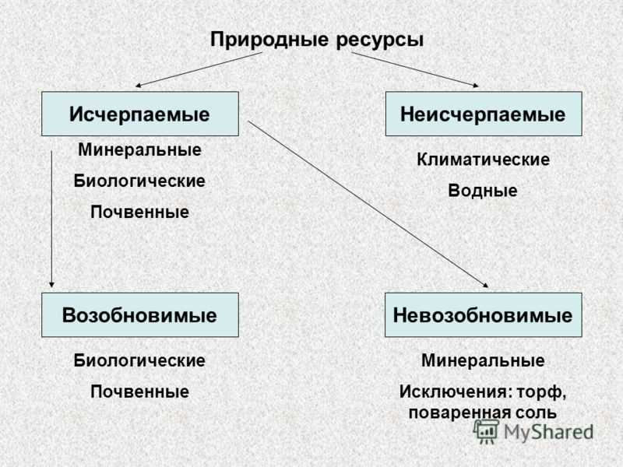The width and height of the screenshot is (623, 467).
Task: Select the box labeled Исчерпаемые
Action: (x=140, y=114)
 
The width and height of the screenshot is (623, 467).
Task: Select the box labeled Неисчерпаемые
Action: (x=484, y=114)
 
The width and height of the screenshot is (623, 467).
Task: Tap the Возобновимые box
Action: (x=140, y=315)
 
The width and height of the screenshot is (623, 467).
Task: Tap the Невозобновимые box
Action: (x=483, y=315)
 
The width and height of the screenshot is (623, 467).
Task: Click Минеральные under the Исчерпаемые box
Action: (x=140, y=149)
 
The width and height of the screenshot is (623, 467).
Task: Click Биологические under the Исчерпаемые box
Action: (x=139, y=181)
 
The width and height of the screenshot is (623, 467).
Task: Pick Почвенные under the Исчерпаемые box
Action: (x=140, y=212)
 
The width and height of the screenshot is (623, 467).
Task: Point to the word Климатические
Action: (x=483, y=160)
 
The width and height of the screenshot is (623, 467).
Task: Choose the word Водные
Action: (x=483, y=191)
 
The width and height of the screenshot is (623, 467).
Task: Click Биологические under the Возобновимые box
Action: (x=139, y=360)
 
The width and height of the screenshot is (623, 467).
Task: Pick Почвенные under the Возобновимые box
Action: (x=140, y=392)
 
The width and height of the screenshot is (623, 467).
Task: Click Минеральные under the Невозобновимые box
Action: (x=483, y=360)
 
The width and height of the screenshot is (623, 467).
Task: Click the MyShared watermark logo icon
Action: (x=486, y=432)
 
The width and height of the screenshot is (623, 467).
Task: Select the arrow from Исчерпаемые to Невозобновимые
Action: (x=368, y=204)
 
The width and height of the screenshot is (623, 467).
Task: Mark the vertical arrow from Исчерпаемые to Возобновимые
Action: (x=51, y=219)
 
